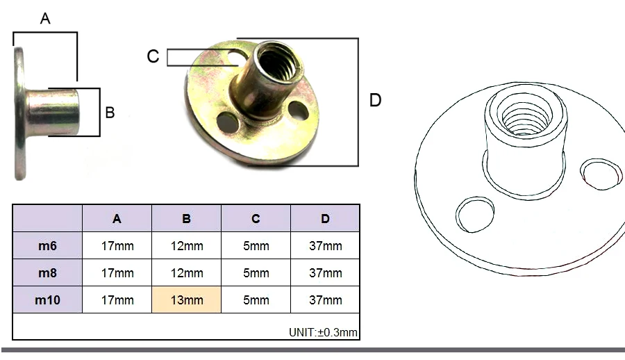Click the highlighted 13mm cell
[x=187, y=300]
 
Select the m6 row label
[x=47, y=245]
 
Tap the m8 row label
[x=47, y=272]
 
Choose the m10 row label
[x=47, y=300]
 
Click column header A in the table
[x=117, y=219]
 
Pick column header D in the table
[x=325, y=219]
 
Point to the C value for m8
[x=256, y=273]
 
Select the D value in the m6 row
[x=325, y=246]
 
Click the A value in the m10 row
[x=117, y=300]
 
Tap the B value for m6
[x=187, y=246]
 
